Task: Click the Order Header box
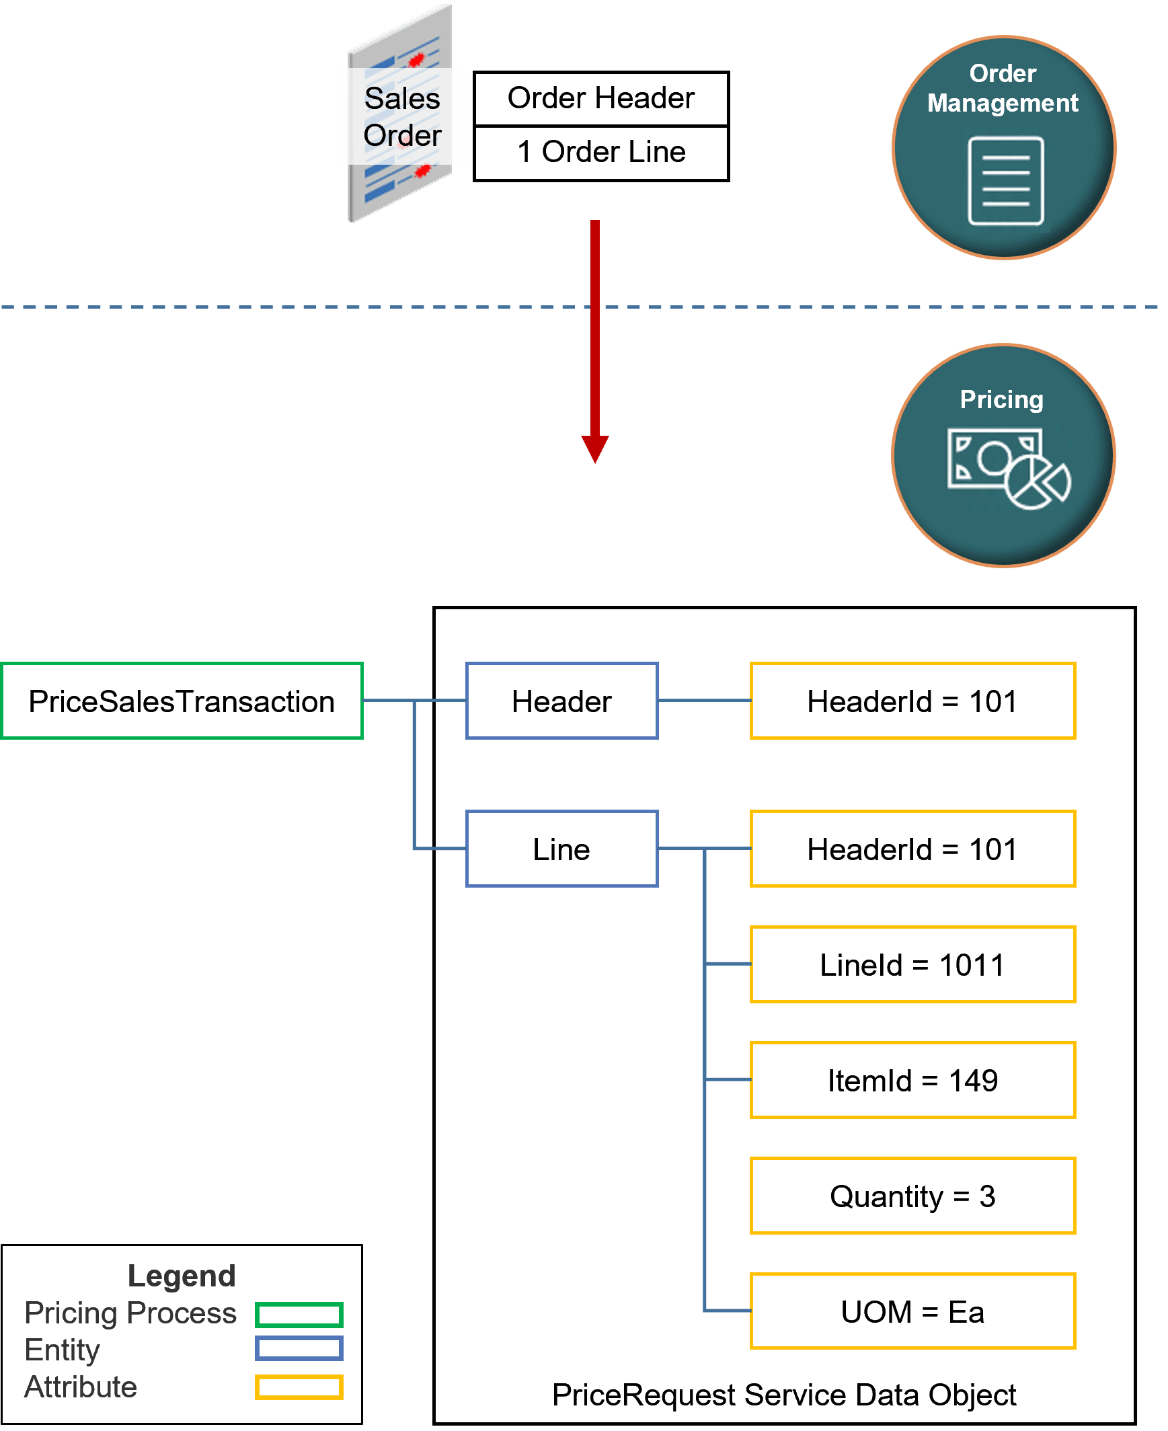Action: pyautogui.click(x=601, y=98)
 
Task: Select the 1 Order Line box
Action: pyautogui.click(x=601, y=152)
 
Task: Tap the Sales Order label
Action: pyautogui.click(x=402, y=116)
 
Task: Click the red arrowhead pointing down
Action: pyautogui.click(x=595, y=448)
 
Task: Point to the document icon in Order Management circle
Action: pyautogui.click(x=1005, y=180)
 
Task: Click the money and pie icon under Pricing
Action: pyautogui.click(x=1007, y=468)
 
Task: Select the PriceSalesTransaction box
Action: pyautogui.click(x=182, y=701)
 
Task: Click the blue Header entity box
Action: pyautogui.click(x=561, y=701)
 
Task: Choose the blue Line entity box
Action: pyautogui.click(x=561, y=849)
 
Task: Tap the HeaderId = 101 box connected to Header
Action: pyautogui.click(x=912, y=701)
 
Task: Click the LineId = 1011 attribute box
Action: pyautogui.click(x=912, y=965)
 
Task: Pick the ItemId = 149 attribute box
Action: pyautogui.click(x=912, y=1081)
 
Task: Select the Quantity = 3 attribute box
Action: pyautogui.click(x=912, y=1196)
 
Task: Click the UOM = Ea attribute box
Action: pyautogui.click(x=912, y=1312)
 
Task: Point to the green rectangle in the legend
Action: pyautogui.click(x=299, y=1314)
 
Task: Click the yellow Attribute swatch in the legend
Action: pyautogui.click(x=299, y=1387)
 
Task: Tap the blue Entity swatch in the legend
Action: pyautogui.click(x=299, y=1349)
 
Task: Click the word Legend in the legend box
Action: pyautogui.click(x=182, y=1276)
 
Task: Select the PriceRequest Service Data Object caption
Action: pyautogui.click(x=784, y=1395)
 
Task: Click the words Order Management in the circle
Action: pyautogui.click(x=1003, y=88)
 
